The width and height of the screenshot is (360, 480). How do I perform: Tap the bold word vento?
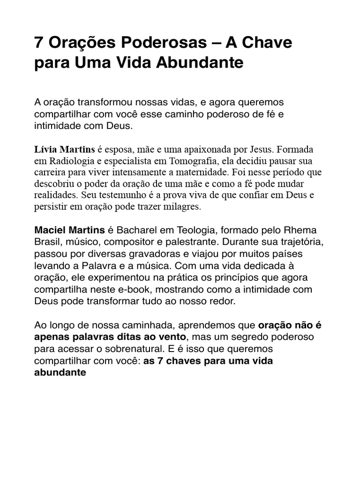click(171, 337)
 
